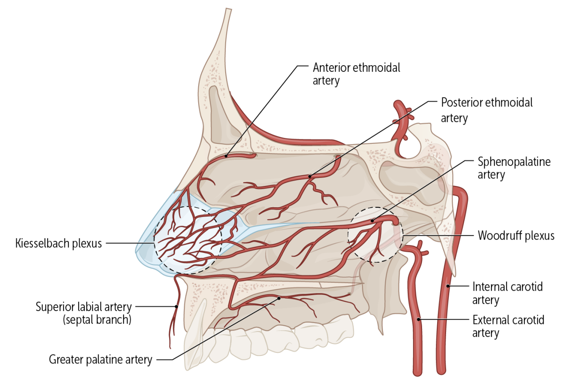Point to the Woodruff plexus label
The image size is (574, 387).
coord(516,235)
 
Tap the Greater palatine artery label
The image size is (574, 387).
coord(100,359)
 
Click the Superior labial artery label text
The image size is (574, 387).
coord(84,307)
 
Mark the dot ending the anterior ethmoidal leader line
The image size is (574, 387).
coord(226,156)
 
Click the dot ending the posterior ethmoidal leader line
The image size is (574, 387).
coord(310,177)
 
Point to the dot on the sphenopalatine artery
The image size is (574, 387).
coord(372,220)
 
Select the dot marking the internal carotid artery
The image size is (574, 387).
coord(448,286)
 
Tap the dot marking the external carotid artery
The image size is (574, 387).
coord(419,319)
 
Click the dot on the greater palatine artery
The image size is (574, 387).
coord(279,298)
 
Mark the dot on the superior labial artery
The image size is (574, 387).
coord(176,306)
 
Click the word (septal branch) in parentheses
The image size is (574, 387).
coord(97,320)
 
